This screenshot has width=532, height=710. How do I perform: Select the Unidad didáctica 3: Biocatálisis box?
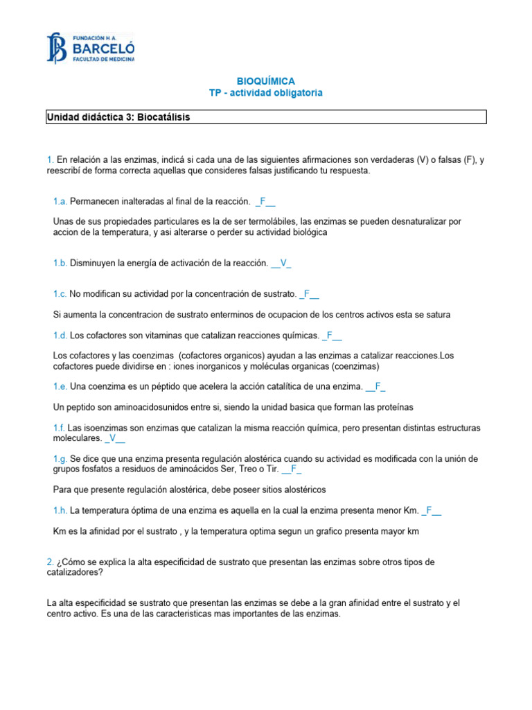click(266, 118)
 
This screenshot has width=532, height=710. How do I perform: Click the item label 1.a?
click(60, 201)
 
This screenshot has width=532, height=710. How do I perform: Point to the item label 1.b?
click(60, 263)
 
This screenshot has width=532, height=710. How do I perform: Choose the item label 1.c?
click(60, 294)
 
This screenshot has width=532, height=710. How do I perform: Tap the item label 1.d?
click(60, 336)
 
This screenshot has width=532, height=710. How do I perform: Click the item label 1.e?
click(60, 386)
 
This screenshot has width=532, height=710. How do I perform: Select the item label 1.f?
click(60, 428)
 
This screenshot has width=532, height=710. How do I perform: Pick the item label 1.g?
click(60, 459)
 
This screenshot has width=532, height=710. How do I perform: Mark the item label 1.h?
click(60, 511)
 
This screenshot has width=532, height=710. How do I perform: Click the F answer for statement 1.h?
click(429, 511)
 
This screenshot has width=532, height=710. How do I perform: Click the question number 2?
click(50, 562)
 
